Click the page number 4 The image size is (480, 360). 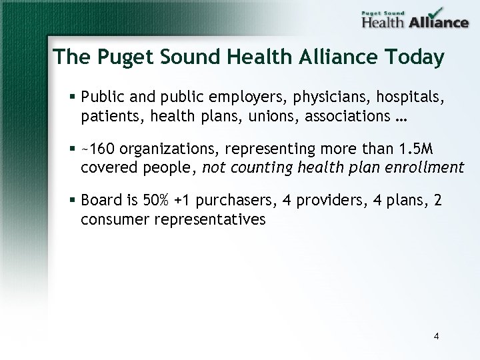coord(436,336)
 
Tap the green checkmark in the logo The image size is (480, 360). coord(435,13)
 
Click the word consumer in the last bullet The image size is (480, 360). coord(114,219)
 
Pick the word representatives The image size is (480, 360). coord(209,219)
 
